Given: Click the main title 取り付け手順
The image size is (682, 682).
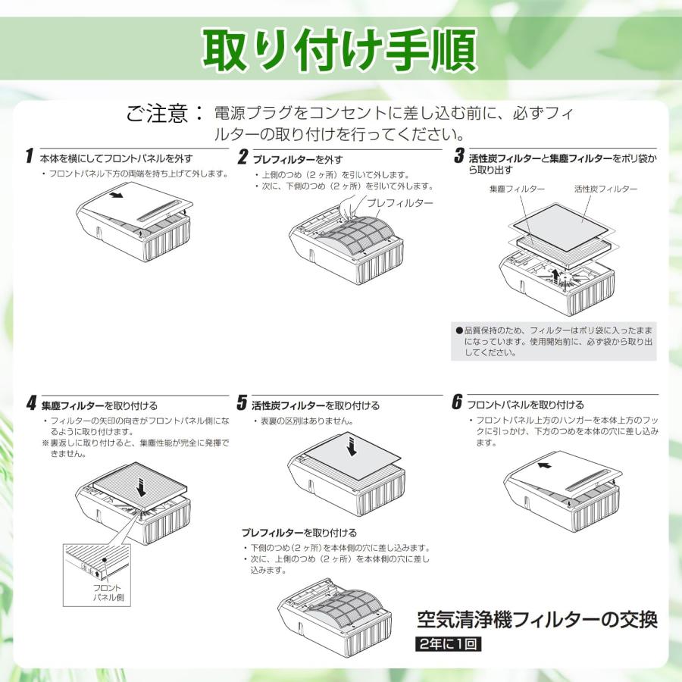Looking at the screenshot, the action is click(x=339, y=48).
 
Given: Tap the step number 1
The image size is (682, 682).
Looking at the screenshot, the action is click(x=29, y=155).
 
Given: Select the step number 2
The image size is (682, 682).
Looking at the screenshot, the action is click(x=242, y=157).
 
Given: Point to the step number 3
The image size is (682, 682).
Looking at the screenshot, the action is click(x=459, y=155).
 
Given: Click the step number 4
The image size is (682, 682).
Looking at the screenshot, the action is click(x=31, y=403).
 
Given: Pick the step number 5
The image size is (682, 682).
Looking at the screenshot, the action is click(x=242, y=402).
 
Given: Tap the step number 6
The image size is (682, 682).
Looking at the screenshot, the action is click(x=456, y=402).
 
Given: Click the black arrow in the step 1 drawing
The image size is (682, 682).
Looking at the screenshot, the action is click(x=116, y=195).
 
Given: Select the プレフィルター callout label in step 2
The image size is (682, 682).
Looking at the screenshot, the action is click(x=399, y=203).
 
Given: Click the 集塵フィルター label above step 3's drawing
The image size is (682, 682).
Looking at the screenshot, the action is click(x=517, y=189).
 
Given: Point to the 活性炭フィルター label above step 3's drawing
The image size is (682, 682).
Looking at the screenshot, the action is click(x=605, y=189).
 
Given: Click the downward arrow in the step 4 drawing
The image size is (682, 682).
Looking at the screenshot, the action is click(x=141, y=487).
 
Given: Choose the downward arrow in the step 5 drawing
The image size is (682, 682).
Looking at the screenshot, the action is click(x=352, y=446).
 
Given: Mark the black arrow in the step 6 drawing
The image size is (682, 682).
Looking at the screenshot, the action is click(x=544, y=465).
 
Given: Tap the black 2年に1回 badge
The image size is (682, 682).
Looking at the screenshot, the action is click(x=448, y=643).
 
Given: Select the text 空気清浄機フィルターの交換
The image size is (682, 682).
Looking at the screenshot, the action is click(x=537, y=620).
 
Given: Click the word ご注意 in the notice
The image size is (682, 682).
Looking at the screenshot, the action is click(x=157, y=113).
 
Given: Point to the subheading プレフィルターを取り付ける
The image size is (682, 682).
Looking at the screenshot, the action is click(x=299, y=533).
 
